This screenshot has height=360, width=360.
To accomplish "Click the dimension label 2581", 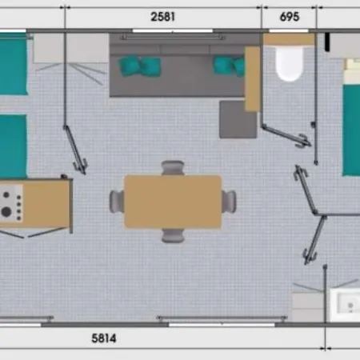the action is pyautogui.click(x=163, y=17).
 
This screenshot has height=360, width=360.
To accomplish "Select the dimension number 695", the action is pyautogui.click(x=290, y=17).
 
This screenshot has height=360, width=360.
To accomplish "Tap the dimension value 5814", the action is pyautogui.click(x=104, y=338).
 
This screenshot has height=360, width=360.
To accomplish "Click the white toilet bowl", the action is pyautogui.click(x=290, y=64).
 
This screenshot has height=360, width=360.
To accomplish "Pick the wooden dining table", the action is pyautogui.click(x=173, y=202).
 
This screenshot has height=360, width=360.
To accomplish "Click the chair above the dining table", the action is pyautogui.click(x=173, y=167).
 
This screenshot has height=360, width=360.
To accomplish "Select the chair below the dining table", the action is pyautogui.click(x=173, y=236).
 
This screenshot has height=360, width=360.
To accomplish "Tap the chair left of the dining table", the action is pyautogui.click(x=117, y=202).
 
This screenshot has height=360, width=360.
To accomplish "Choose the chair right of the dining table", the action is pyautogui.click(x=229, y=202).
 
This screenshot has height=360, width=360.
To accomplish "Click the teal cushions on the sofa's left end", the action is pyautogui.click(x=140, y=66).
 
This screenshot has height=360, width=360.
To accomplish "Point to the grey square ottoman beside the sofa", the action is pyautogui.click(x=238, y=119).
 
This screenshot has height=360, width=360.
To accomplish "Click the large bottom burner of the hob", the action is pyautogui.click(x=6, y=212).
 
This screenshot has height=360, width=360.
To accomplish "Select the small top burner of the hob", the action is pyautogui.click(x=6, y=195).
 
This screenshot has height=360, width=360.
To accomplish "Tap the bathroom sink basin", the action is pyautogui.click(x=346, y=305).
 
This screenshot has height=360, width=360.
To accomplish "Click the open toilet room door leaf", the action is pyautogui.click(x=286, y=135).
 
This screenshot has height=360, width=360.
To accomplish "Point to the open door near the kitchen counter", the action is pyautogui.click(x=75, y=150).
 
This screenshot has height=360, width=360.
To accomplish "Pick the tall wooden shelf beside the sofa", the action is pyautogui.click(x=252, y=79).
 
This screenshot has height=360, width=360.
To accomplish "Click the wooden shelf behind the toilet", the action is pyautogui.click(x=289, y=39).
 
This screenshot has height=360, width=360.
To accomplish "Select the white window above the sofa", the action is pyautogui.click(x=173, y=31).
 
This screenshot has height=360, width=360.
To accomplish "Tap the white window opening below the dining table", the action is pyautogui.click(x=222, y=325).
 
